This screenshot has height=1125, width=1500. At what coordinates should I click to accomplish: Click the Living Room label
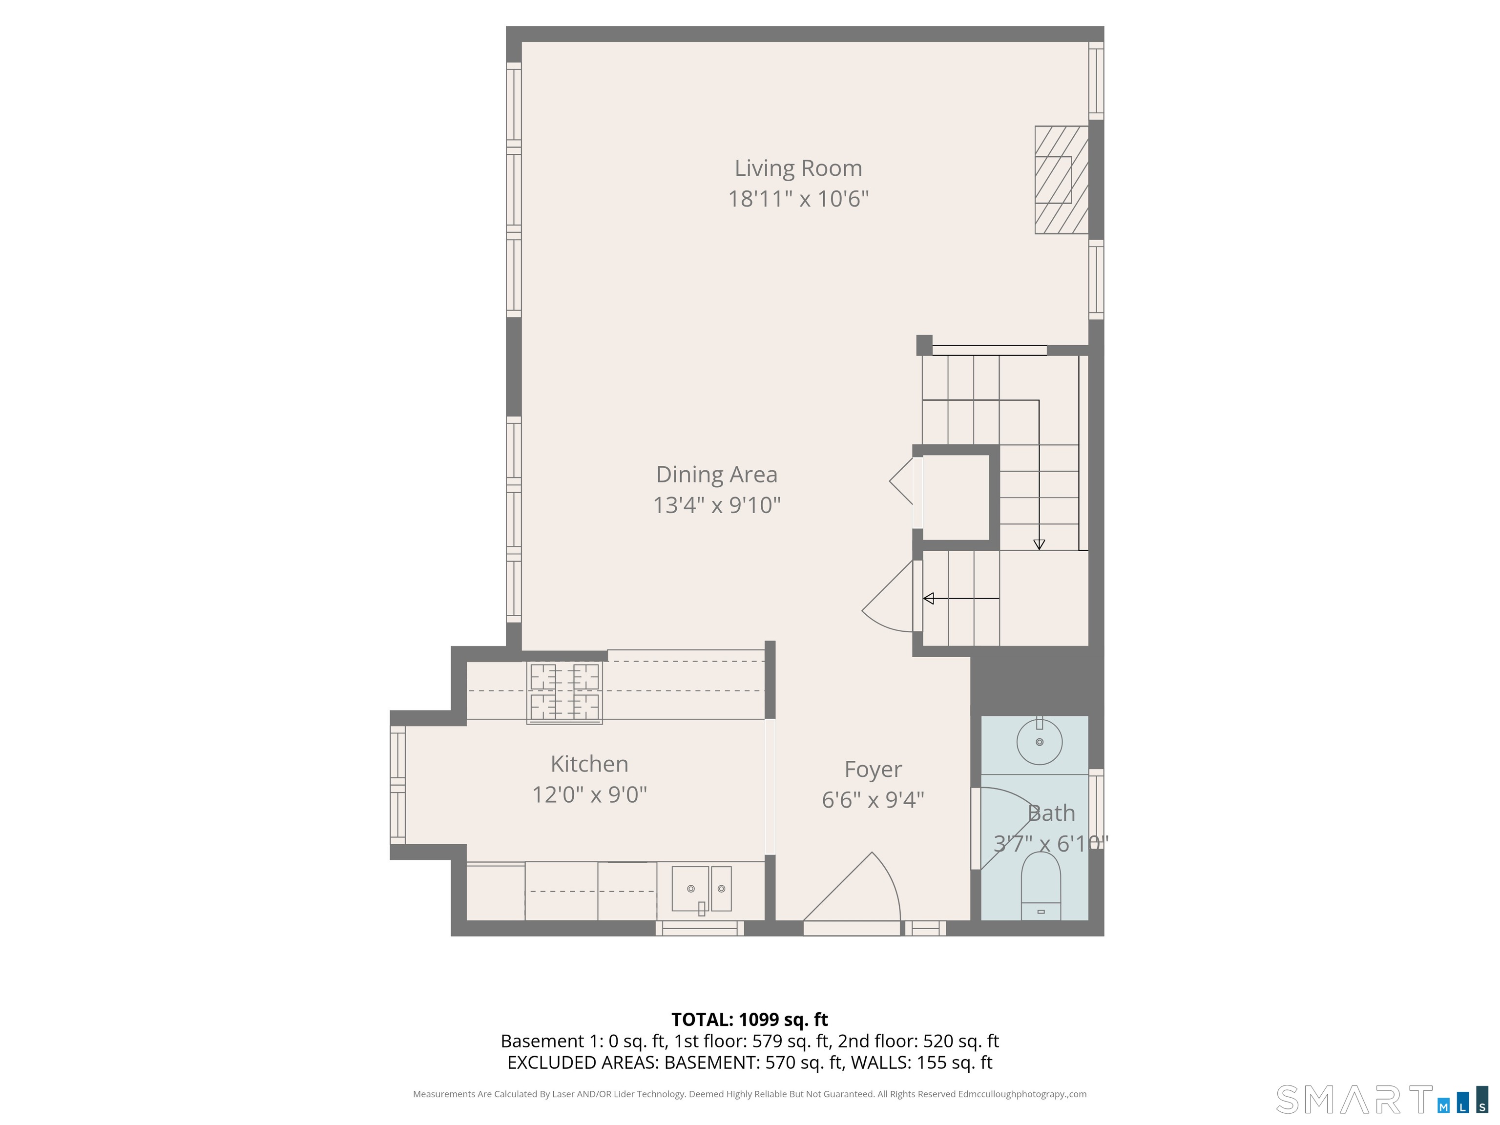798,168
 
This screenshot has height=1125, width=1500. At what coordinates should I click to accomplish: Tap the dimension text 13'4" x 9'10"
716,505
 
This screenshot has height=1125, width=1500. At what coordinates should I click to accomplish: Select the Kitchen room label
589,764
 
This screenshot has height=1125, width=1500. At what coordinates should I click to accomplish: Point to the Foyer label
873,769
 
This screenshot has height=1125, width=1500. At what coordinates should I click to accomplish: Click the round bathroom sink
1039,742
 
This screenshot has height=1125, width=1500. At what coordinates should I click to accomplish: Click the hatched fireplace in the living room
1061,180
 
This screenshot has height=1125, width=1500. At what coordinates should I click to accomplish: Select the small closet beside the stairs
956,497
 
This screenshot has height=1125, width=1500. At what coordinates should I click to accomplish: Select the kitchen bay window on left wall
397,785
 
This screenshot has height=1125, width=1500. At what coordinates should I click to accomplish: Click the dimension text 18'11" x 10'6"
798,199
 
